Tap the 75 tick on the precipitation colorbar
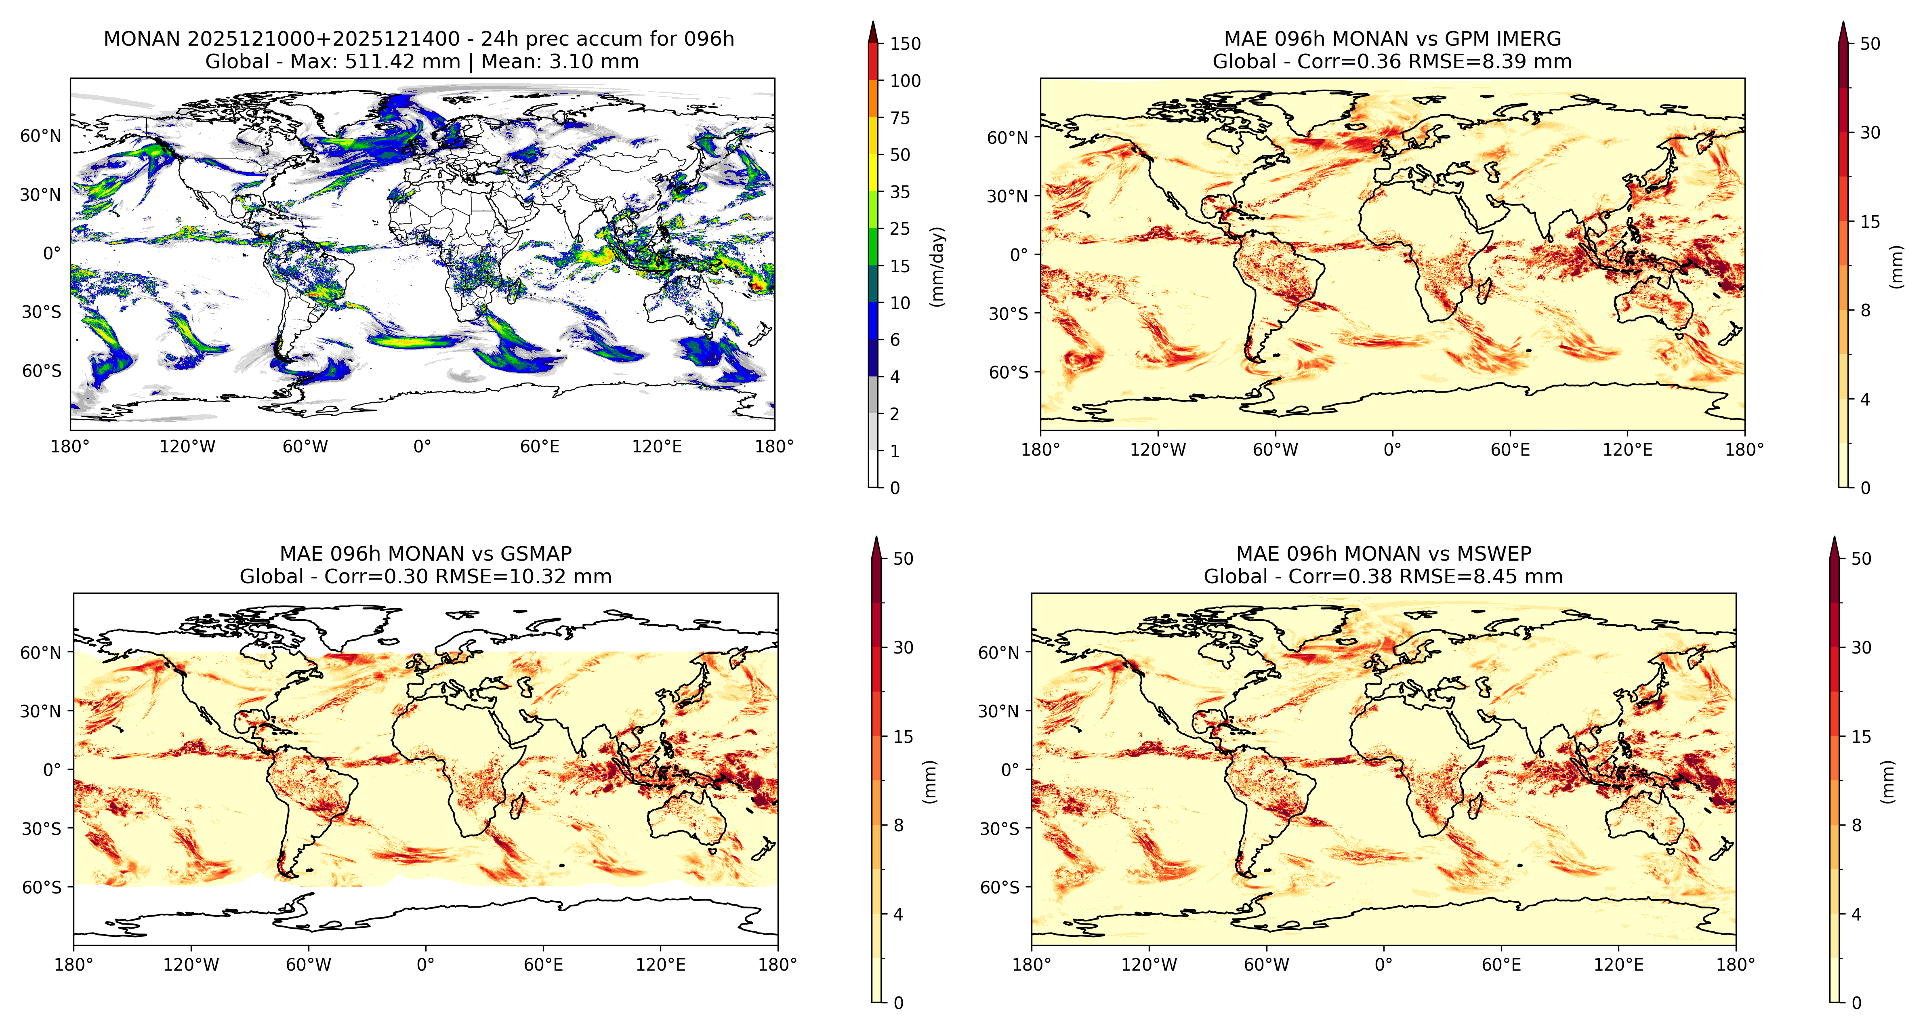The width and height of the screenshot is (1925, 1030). point(900,118)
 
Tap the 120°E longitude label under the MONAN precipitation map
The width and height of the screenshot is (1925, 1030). point(657,447)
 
